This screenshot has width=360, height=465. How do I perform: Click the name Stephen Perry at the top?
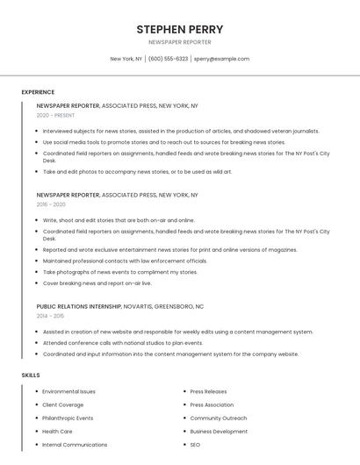pos(180,29)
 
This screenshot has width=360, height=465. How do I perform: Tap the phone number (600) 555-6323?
pos(168,59)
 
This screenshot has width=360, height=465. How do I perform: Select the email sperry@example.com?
pos(222,59)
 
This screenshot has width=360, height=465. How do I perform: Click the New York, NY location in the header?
pos(126,59)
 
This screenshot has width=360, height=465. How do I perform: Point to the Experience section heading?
pos(38,92)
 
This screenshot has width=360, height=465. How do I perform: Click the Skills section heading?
pos(31,375)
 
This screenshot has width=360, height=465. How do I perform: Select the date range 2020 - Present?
pos(55,115)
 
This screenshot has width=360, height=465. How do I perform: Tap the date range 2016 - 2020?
pos(51,204)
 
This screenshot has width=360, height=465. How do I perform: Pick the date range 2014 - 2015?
pos(50,316)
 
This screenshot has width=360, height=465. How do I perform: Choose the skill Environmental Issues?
pos(68,391)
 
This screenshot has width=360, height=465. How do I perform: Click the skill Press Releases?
pos(208,391)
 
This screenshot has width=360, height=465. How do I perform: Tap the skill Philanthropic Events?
pos(68,418)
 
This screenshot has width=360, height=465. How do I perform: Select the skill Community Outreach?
pos(219,418)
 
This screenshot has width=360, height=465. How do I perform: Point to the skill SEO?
pos(195,445)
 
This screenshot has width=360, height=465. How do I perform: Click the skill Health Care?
pos(57,432)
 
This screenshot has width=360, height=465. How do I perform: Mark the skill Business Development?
pos(219,432)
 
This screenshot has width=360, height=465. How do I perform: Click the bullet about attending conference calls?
pos(122,343)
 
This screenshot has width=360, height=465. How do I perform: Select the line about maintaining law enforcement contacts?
pos(125,261)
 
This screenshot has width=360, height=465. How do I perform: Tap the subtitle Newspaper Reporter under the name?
pos(180,42)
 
